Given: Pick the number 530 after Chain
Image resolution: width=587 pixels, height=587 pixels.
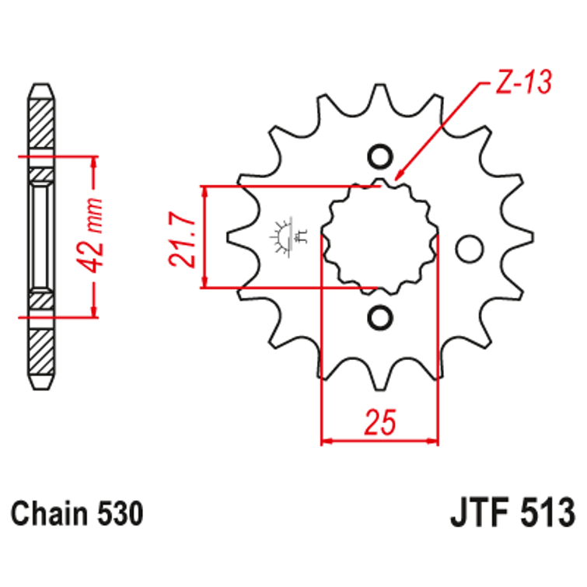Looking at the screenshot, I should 120,514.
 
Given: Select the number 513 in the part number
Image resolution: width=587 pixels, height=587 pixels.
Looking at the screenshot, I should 547,514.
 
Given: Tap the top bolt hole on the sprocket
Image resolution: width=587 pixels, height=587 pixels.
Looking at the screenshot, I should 379,157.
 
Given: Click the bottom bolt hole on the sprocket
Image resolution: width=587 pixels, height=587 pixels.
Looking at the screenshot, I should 379,316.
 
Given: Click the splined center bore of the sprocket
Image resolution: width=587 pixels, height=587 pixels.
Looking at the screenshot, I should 379,237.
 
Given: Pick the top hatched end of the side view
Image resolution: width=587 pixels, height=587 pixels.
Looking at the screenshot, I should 42,121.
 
